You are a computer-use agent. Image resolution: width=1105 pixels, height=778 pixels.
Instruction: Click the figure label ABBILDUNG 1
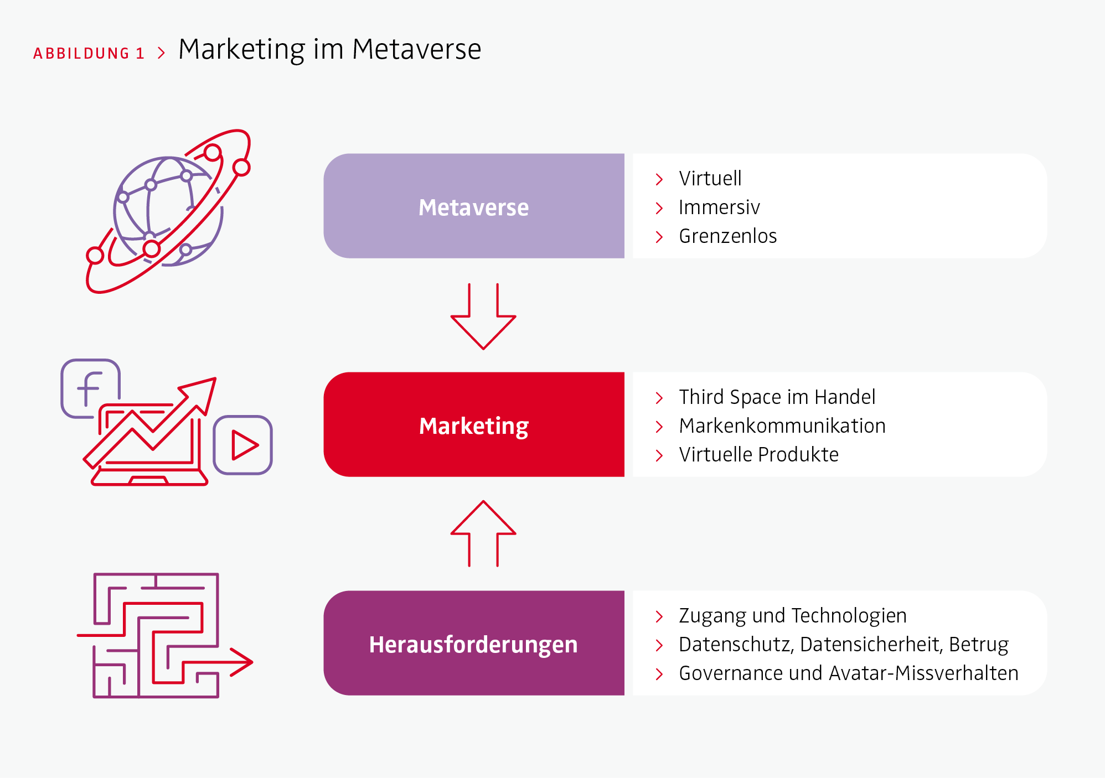coord(89,53)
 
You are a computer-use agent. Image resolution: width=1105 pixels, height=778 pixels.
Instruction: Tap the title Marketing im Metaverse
coord(330,50)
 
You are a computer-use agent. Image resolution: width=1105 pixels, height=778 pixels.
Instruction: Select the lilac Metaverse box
coord(474,206)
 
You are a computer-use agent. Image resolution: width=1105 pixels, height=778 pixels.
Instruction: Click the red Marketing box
coord(474,424)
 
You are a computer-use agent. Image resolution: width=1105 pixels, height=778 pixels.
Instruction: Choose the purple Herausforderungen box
coord(474,643)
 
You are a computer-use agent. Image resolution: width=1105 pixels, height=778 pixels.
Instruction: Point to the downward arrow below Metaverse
coord(483,317)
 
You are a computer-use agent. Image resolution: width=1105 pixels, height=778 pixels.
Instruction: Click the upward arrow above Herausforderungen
coord(483,533)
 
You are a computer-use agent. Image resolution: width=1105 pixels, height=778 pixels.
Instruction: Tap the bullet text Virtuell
coord(710,178)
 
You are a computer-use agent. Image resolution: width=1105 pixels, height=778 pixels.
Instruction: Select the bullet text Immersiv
coord(719,207)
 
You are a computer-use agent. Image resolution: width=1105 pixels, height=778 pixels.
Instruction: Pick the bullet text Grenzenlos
coord(728,236)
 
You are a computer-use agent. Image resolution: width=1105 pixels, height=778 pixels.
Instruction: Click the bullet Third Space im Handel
coord(777,397)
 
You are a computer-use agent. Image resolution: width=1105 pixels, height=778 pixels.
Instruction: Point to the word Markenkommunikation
coord(782,426)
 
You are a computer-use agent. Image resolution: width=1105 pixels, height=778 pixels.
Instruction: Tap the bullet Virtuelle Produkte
coord(759,454)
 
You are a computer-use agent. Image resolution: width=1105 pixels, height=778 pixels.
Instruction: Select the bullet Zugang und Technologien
coord(793,616)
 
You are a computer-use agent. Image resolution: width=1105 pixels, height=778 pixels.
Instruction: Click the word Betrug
coord(979,645)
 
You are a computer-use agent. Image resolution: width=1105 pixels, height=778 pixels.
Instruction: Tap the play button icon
coord(243,445)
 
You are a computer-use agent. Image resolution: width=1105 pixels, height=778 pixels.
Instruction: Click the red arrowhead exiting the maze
coord(242,662)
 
